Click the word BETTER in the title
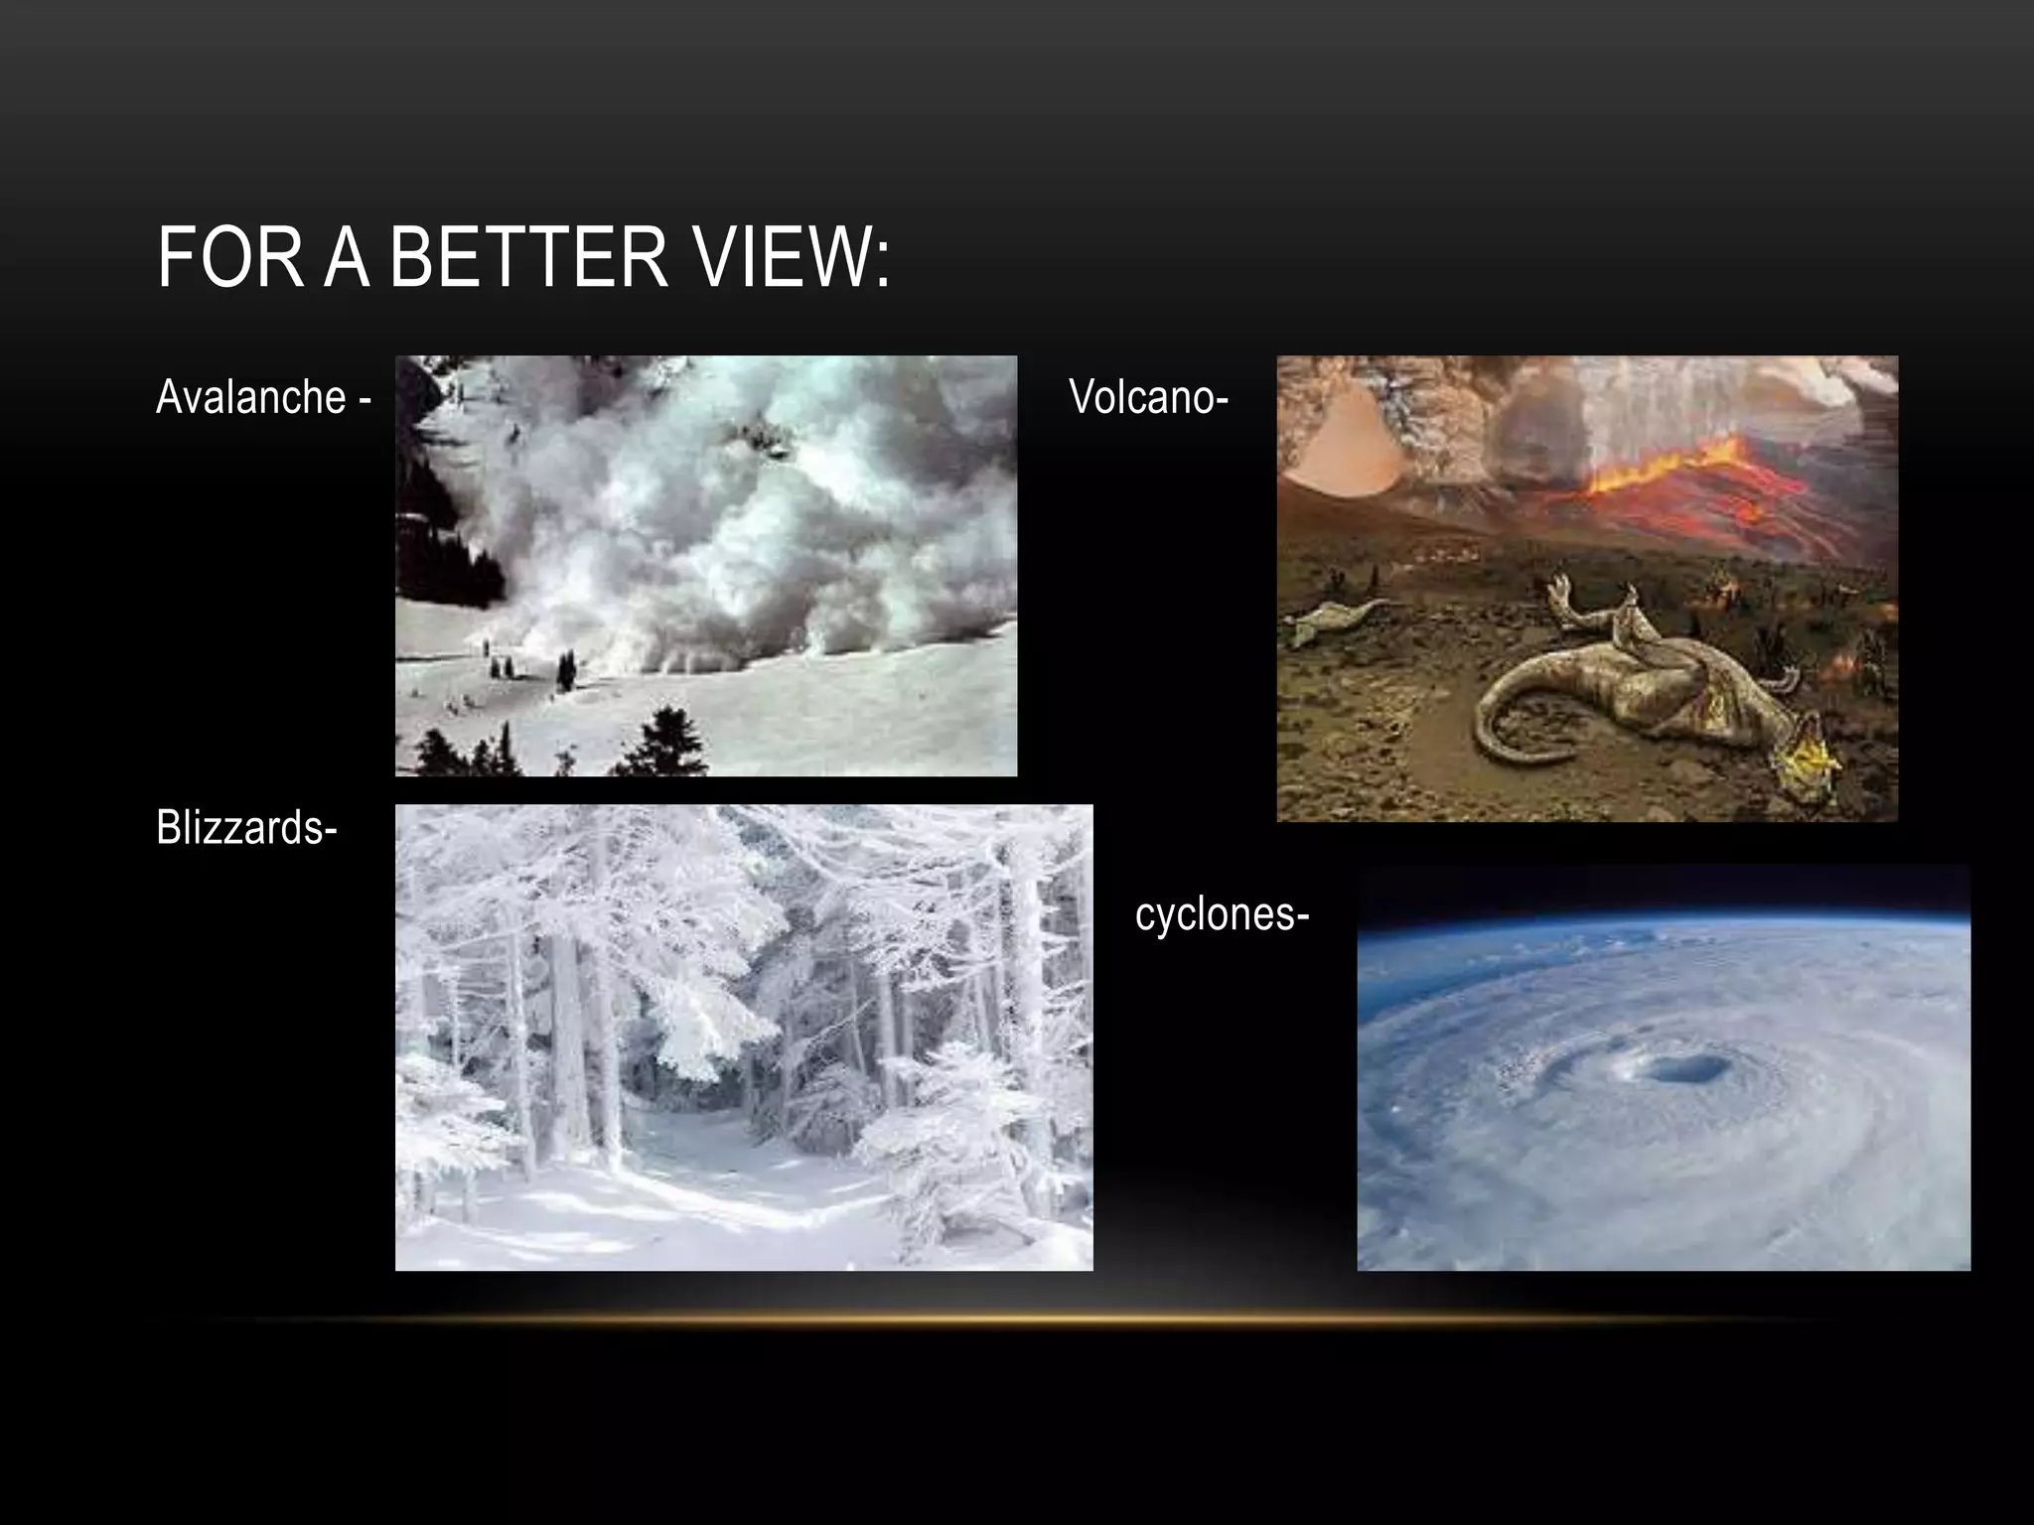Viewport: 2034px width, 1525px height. coord(527,257)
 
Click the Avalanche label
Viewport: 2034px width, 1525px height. coord(251,397)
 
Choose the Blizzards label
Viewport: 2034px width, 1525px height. coord(239,827)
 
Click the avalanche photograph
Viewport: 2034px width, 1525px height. coord(705,566)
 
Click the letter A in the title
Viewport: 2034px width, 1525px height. coord(348,257)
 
